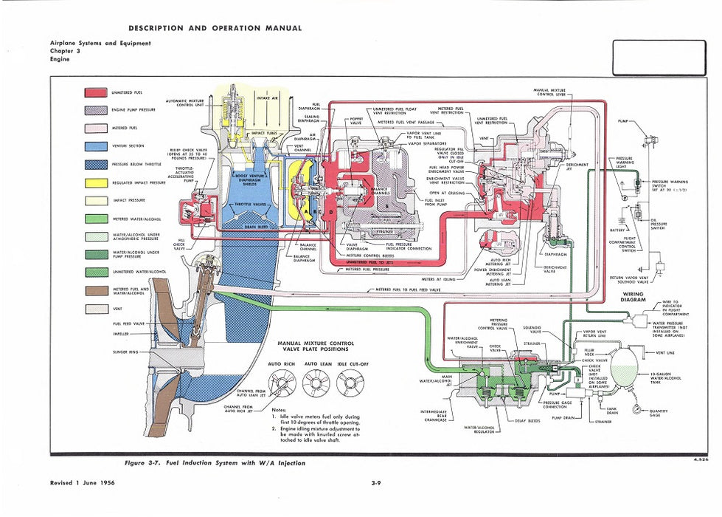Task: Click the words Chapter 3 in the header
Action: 66,51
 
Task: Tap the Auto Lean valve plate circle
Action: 316,381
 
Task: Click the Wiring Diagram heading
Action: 634,297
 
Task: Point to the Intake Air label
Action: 267,97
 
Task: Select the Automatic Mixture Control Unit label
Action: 185,103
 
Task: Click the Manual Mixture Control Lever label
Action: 550,92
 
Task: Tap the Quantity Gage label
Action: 659,413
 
